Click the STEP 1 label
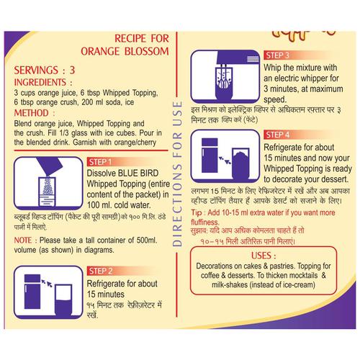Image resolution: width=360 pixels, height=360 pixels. [x=100, y=162]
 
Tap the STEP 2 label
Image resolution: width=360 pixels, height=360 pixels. [x=101, y=271]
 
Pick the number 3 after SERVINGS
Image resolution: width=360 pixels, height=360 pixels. [x=72, y=70]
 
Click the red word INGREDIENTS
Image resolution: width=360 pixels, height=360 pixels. [x=40, y=82]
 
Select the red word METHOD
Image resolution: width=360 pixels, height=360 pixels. [x=32, y=113]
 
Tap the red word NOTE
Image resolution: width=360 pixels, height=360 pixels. [x=23, y=240]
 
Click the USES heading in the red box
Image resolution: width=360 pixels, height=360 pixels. [x=261, y=256]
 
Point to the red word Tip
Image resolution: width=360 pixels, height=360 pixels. [x=197, y=213]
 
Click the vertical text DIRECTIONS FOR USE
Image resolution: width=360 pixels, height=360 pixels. [x=177, y=174]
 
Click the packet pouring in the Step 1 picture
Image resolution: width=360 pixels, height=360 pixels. [x=50, y=166]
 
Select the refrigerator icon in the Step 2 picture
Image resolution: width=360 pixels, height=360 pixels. [x=32, y=292]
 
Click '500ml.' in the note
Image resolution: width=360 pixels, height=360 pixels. [x=147, y=240]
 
